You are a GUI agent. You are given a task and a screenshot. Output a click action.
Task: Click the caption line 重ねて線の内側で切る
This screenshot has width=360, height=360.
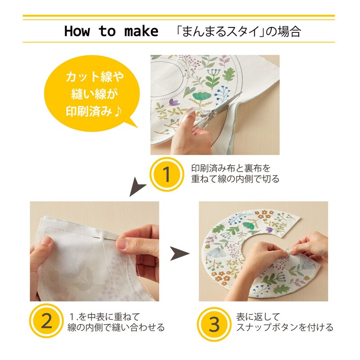coord(235,180)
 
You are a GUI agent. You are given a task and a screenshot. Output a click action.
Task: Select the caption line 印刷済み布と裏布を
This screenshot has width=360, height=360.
coord(231,168)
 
